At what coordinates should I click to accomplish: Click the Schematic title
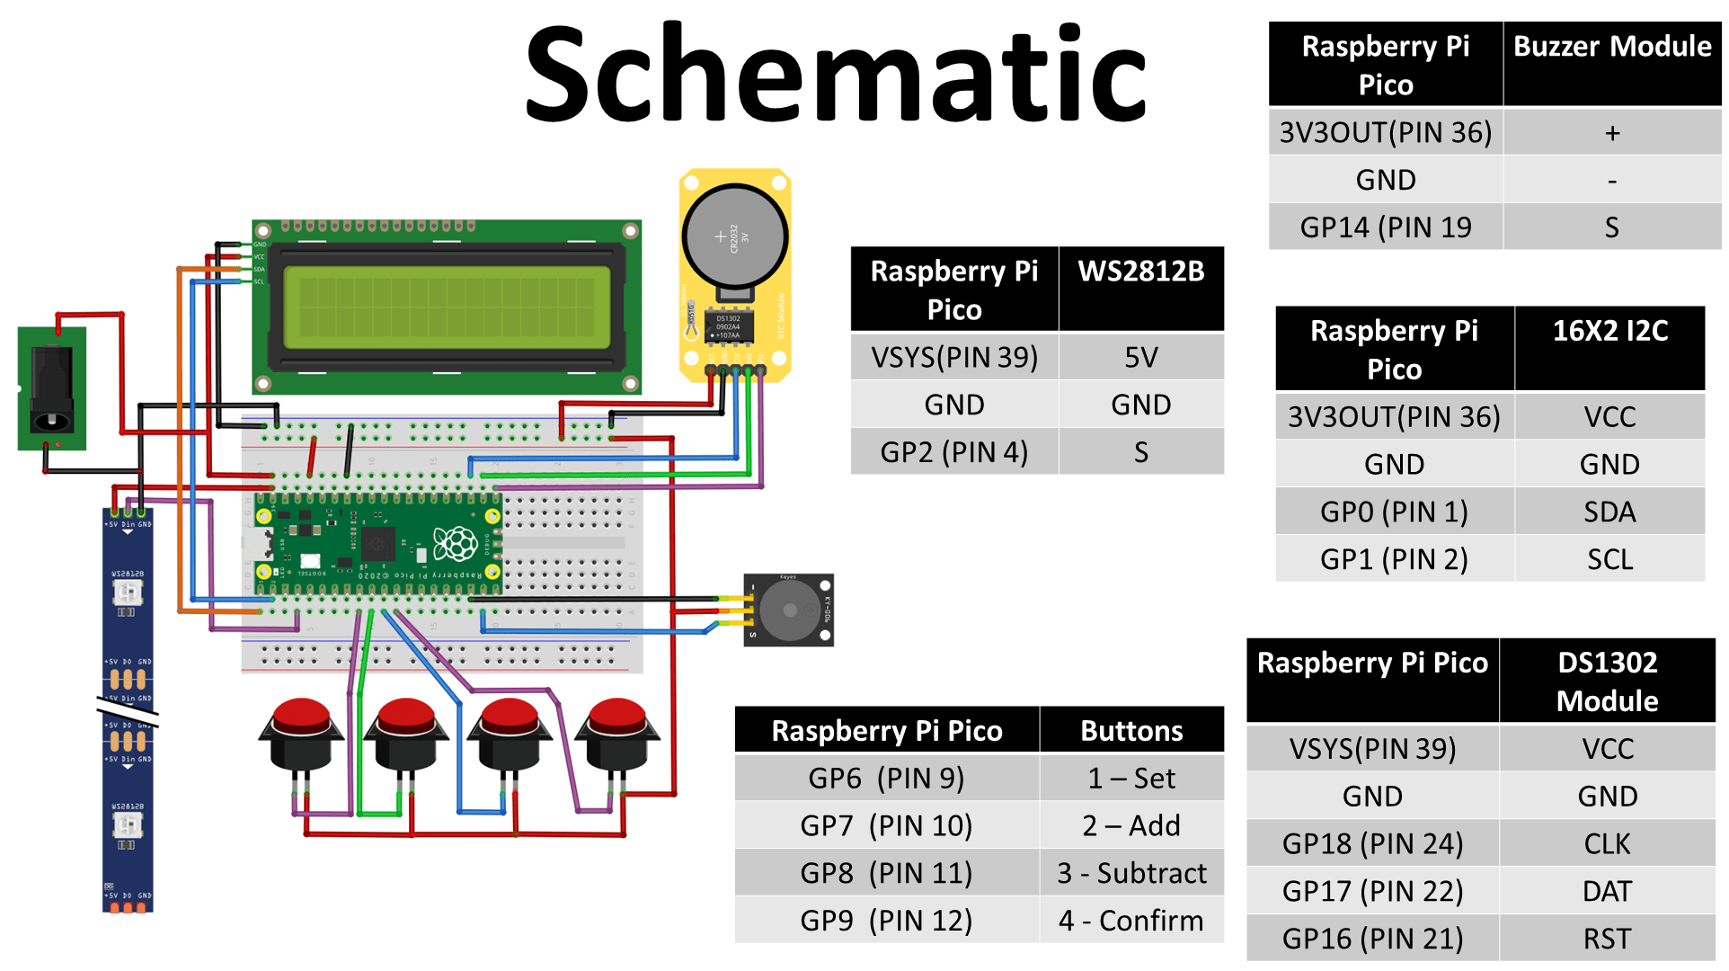coord(836,74)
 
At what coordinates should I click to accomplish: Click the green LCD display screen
coord(447,307)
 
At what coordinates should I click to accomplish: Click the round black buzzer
coord(789,610)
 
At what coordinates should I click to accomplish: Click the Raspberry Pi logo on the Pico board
coord(455,544)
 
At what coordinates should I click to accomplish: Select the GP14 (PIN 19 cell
coord(1385,227)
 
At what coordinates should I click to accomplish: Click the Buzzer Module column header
coord(1612,47)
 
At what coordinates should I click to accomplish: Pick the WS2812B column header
coord(1140,272)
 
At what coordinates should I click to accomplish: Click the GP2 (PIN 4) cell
coord(953,452)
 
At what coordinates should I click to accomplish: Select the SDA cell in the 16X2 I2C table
coord(1609,512)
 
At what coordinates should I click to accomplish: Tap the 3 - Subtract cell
coord(1131,874)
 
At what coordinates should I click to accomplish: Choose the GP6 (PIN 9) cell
coord(886,779)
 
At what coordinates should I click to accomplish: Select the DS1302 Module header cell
coord(1607,681)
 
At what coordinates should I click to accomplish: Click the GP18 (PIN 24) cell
coord(1372,844)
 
